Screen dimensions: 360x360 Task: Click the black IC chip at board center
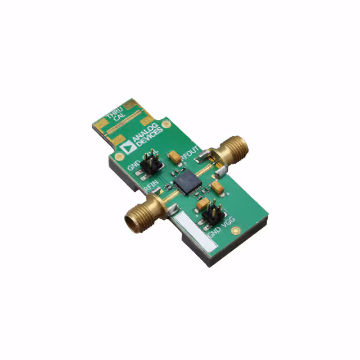tap(184, 182)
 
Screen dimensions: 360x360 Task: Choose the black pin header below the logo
tap(150, 163)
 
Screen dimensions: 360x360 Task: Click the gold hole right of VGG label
tap(239, 229)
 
